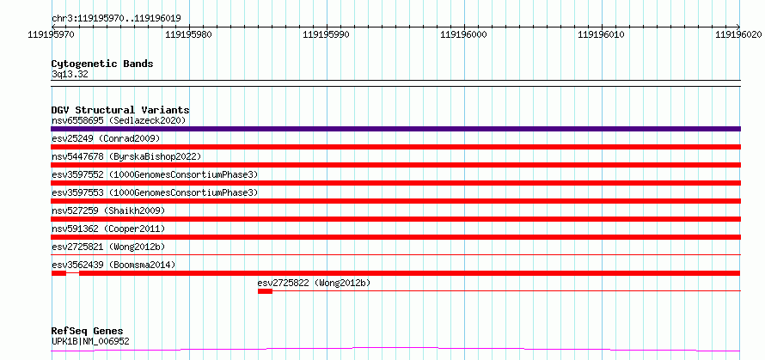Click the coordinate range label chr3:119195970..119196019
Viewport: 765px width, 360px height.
pos(116,19)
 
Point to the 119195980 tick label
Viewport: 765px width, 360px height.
pos(189,34)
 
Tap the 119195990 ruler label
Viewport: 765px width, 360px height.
pos(326,34)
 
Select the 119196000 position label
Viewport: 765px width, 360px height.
pos(463,34)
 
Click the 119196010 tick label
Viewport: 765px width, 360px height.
pos(601,34)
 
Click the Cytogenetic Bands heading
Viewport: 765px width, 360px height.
pos(102,64)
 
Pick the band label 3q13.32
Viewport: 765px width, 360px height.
pos(70,75)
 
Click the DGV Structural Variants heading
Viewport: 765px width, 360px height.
pos(120,110)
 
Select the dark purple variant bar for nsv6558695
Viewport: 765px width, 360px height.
pos(395,129)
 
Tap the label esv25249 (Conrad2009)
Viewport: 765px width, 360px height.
pos(106,138)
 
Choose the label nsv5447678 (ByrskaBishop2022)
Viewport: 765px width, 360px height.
pos(126,156)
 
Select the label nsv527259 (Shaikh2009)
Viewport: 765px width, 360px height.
pos(108,211)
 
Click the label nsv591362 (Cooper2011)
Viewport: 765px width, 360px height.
pos(108,229)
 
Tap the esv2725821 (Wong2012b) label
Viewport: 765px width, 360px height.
pos(108,247)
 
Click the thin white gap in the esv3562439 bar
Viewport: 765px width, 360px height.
pos(73,273)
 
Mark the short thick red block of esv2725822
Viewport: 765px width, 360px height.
pos(265,291)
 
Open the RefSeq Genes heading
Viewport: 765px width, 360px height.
pos(87,332)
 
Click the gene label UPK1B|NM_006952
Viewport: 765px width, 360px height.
pos(90,341)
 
